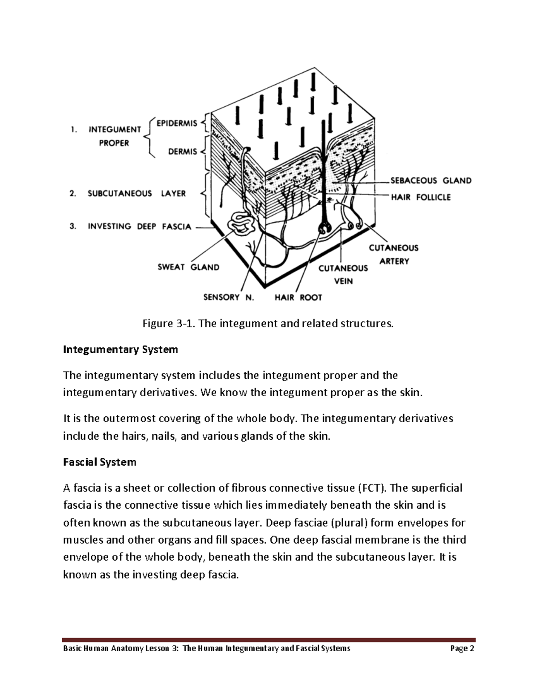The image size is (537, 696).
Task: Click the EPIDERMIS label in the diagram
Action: click(177, 123)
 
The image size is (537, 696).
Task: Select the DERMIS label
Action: click(183, 152)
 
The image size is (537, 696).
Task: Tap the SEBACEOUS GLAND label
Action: click(431, 181)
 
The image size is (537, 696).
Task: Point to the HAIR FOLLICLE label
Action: click(421, 197)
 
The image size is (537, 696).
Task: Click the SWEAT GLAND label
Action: click(188, 267)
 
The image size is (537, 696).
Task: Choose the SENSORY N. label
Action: click(228, 297)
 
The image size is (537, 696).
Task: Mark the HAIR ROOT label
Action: click(298, 297)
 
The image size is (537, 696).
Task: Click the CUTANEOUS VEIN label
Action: click(343, 274)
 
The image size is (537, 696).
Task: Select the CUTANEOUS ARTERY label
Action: click(393, 254)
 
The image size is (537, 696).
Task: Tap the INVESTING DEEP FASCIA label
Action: click(139, 226)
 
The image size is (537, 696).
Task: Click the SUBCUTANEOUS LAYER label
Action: click(136, 194)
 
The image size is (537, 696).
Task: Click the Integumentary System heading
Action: click(120, 350)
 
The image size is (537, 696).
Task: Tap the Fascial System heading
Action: click(99, 462)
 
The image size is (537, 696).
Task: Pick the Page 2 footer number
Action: click(462, 648)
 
